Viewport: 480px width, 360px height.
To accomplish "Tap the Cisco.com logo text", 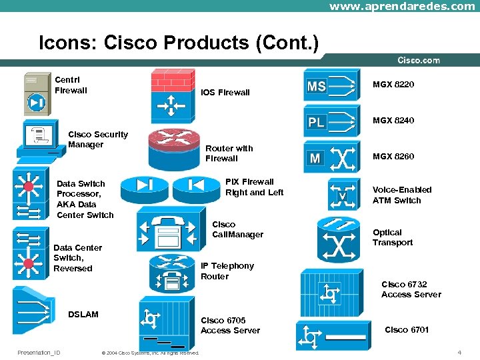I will [x=418, y=61].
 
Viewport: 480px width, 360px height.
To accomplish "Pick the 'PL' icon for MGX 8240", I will [x=332, y=122].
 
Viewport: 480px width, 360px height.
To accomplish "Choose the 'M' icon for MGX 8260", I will [x=332, y=157].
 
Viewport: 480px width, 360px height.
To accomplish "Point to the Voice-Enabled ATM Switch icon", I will [x=343, y=195].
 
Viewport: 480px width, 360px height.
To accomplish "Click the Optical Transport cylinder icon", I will [x=339, y=241].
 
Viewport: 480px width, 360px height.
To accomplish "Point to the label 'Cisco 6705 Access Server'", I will [x=230, y=325].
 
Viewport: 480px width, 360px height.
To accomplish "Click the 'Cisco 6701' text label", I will [x=407, y=330].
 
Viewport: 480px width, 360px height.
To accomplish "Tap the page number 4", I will [x=459, y=352].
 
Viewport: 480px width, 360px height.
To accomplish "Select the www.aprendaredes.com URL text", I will [x=402, y=6].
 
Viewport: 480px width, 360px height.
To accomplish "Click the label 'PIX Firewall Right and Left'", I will [x=254, y=187].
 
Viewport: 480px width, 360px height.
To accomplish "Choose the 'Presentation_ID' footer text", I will [x=39, y=353].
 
